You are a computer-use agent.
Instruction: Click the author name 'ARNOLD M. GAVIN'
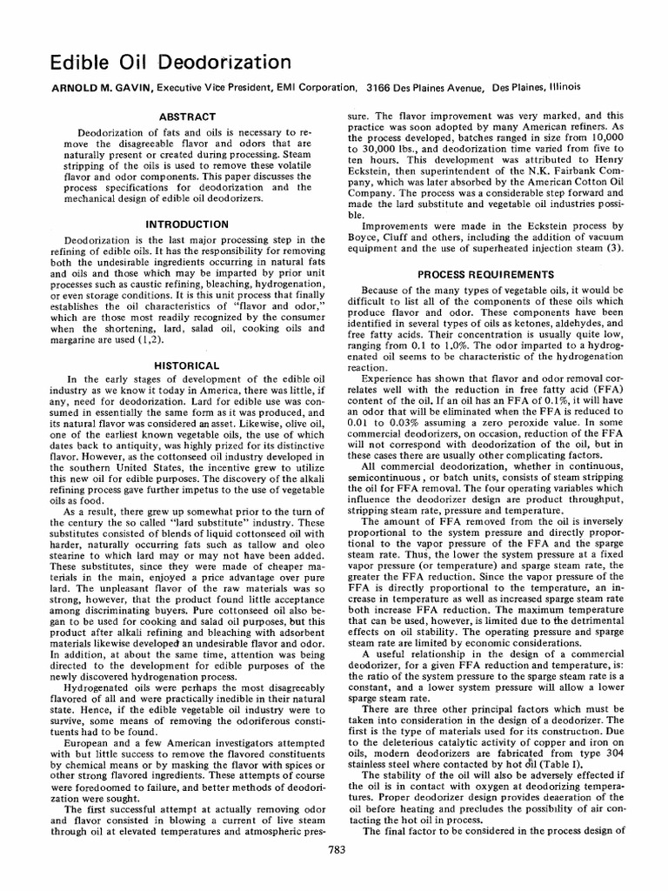pos(83,88)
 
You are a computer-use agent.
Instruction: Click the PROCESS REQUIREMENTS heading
pos(485,274)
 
